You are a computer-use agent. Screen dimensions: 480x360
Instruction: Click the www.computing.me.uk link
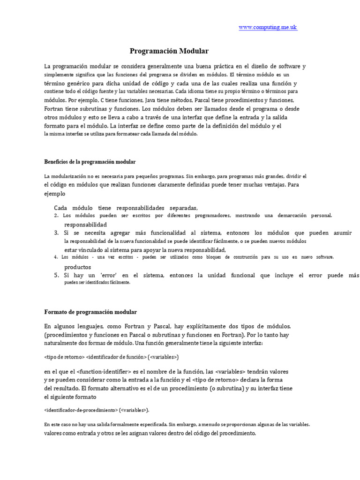[x=268, y=28]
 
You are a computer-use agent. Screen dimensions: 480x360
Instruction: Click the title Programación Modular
[x=169, y=51]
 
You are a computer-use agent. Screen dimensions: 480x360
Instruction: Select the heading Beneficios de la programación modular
[x=90, y=162]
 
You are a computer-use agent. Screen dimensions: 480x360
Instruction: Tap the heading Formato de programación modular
[x=90, y=312]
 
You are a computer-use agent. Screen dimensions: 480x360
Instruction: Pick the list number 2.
[x=56, y=216]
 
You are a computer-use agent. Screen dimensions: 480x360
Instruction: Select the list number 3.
[x=56, y=233]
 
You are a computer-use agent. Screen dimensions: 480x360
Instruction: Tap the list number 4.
[x=56, y=257]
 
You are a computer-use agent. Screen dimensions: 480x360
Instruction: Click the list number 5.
[x=56, y=276]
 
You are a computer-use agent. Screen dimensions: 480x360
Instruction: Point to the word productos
[x=78, y=267]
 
